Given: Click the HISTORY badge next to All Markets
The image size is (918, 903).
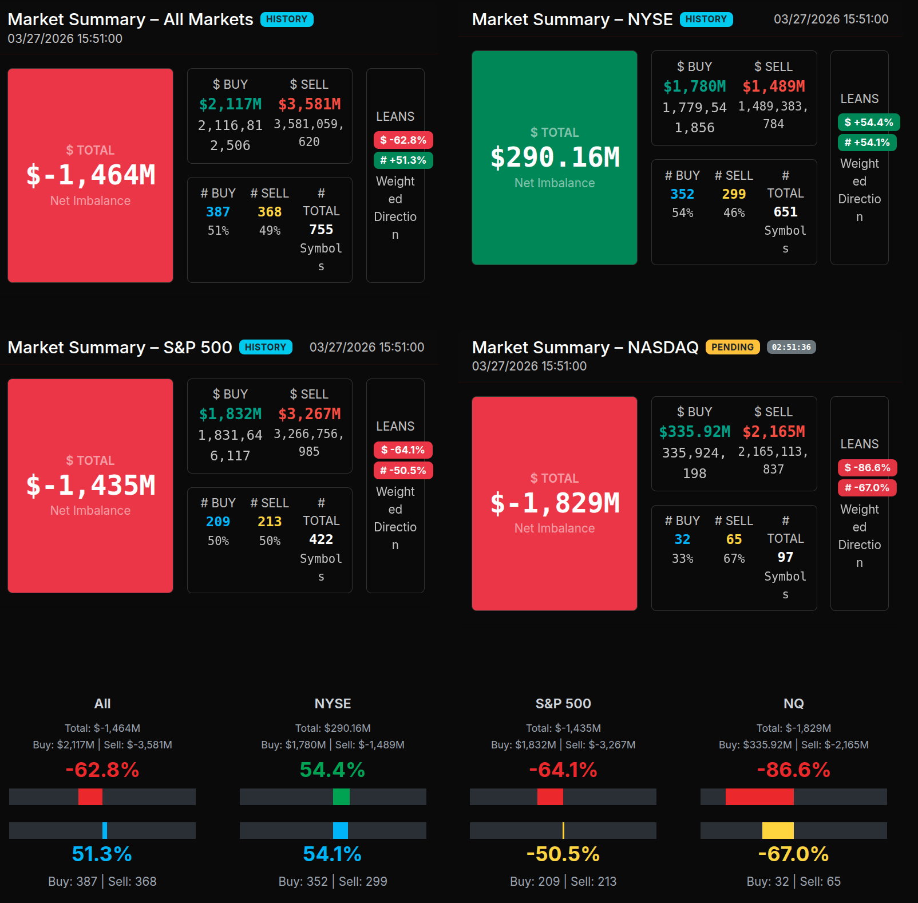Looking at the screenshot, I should [287, 19].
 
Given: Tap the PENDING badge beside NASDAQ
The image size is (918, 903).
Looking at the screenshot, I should [732, 347].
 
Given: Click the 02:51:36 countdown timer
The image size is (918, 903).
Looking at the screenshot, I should [791, 347].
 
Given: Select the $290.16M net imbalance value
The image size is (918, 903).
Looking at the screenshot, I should [555, 157].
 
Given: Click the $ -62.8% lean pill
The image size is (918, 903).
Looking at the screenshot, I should [403, 140].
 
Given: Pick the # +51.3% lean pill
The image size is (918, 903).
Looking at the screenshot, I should [403, 160].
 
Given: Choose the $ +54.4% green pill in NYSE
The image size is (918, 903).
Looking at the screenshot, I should [868, 123].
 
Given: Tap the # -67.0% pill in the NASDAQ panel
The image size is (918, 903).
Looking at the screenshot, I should [867, 488].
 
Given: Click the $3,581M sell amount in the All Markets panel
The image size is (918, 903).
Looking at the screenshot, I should [309, 104].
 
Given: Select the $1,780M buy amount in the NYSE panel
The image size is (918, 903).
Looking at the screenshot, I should [694, 86].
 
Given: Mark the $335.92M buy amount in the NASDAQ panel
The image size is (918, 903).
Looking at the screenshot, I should [694, 432].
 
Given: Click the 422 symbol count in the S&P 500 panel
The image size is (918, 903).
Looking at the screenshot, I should [321, 539].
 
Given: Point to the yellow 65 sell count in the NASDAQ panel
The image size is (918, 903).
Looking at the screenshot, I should [734, 539].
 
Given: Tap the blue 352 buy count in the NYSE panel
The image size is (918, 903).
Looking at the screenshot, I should [682, 194].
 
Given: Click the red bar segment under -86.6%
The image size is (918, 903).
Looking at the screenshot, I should [759, 796].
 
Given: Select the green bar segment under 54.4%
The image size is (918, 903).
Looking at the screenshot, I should [341, 796].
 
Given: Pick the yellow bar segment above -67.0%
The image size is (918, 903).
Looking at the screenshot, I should [778, 830].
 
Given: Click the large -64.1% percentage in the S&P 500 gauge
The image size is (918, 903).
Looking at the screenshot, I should [563, 770].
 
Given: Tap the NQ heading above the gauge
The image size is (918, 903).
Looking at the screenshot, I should [793, 704].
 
